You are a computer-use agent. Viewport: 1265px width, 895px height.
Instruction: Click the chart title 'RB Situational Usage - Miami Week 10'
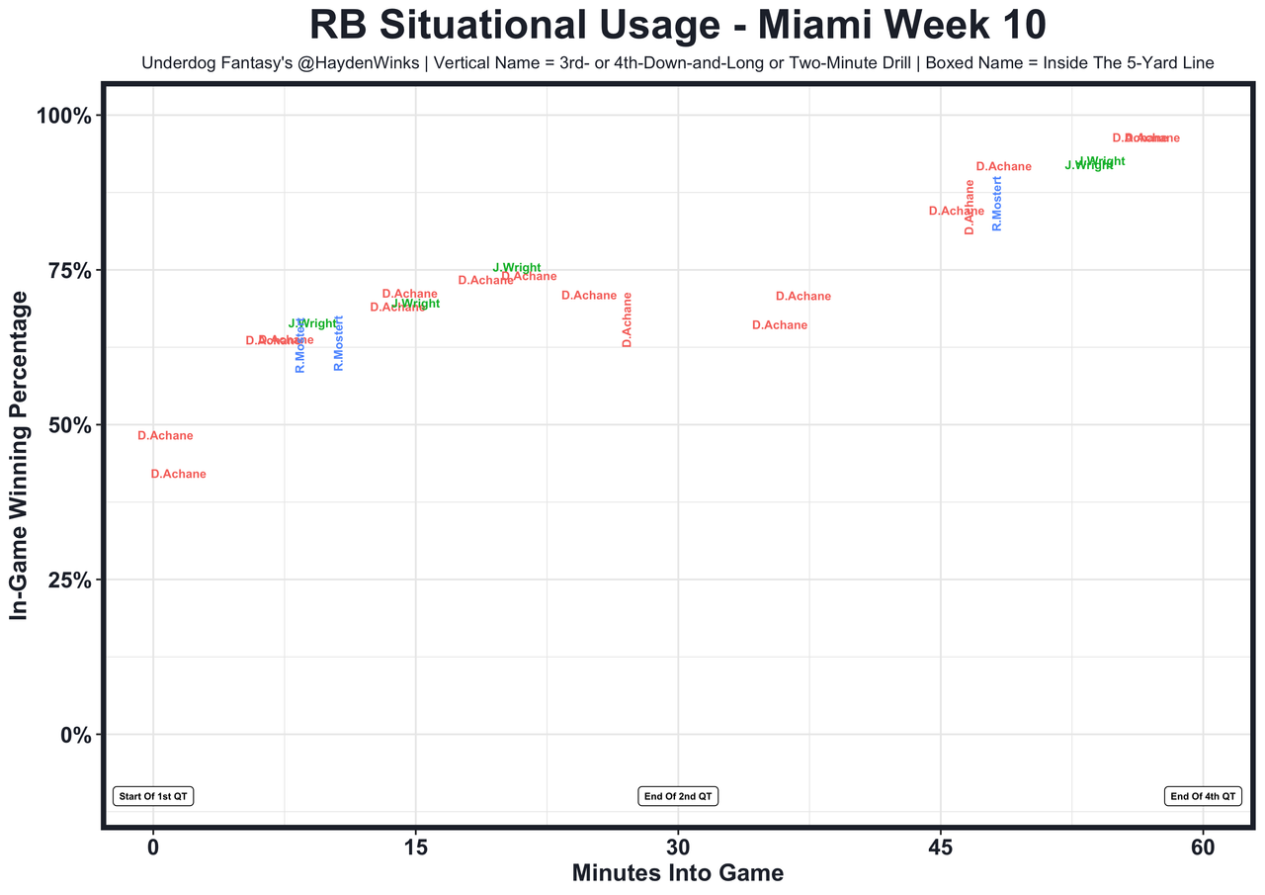[x=678, y=25]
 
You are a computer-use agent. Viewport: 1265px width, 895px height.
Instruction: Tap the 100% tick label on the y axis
[x=64, y=116]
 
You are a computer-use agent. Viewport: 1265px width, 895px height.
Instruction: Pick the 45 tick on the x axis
[x=940, y=848]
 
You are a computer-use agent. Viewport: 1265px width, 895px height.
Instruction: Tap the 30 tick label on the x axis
[x=678, y=848]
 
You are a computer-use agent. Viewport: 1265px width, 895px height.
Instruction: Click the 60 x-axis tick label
[x=1203, y=848]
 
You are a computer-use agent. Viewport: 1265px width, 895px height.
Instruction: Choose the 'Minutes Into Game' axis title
[x=678, y=873]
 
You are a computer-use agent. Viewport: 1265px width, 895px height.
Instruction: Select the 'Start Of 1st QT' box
[x=153, y=796]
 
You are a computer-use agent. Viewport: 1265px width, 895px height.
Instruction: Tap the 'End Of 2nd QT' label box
[x=678, y=796]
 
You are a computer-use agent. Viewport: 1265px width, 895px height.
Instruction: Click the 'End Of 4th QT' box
[x=1203, y=796]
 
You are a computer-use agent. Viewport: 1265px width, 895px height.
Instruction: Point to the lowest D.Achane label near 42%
[x=179, y=475]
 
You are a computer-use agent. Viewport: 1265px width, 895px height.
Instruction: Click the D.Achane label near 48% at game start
[x=165, y=436]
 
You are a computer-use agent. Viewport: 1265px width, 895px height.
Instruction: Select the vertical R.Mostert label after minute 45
[x=997, y=204]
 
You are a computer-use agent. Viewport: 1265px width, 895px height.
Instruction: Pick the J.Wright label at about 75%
[x=517, y=268]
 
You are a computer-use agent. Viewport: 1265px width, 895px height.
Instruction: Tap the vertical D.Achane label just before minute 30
[x=627, y=319]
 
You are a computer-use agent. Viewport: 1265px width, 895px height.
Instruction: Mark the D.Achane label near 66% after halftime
[x=780, y=325]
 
